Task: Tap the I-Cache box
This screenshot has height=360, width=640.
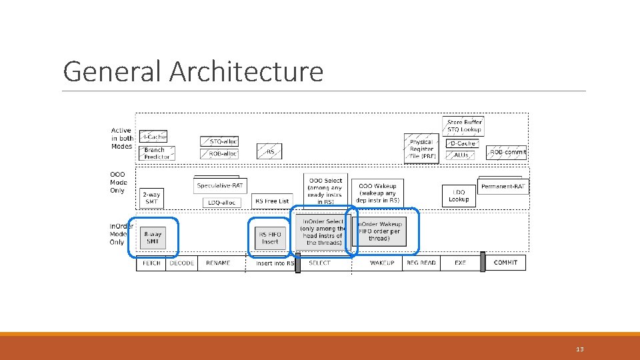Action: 153,137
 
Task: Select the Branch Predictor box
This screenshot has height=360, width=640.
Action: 157,153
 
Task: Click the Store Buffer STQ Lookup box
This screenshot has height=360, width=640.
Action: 463,125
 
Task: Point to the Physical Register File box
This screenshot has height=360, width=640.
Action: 421,149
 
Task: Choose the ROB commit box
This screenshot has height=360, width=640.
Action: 507,152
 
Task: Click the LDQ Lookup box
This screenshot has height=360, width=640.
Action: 459,196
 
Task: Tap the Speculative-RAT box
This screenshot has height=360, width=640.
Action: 221,186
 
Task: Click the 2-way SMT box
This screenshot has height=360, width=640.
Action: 152,197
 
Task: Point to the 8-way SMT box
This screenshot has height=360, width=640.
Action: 153,238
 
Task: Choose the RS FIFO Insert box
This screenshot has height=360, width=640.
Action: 271,238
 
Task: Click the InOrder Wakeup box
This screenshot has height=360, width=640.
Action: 379,231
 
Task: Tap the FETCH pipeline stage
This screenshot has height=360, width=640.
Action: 152,263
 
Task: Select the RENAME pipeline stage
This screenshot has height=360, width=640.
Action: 217,263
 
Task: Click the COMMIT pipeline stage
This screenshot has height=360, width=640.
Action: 505,263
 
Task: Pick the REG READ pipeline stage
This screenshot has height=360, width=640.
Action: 421,263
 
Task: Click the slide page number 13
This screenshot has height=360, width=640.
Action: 579,349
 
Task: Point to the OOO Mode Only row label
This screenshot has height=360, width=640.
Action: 118,183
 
